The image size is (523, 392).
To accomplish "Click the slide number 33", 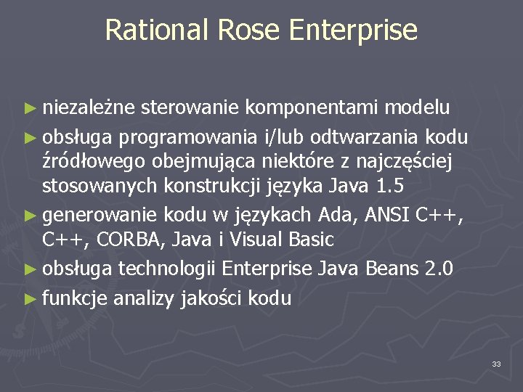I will (x=496, y=363).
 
